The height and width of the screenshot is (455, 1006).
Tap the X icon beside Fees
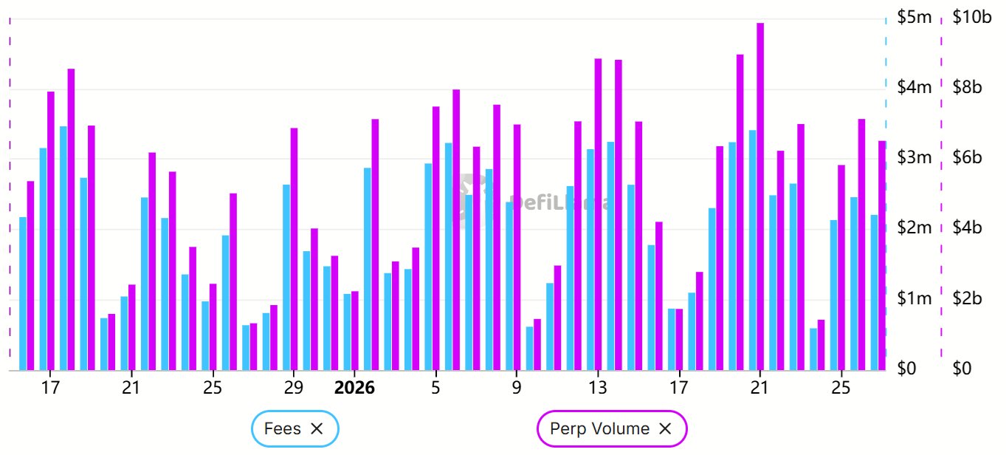coord(317,428)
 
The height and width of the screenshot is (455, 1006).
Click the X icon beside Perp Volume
coord(664,428)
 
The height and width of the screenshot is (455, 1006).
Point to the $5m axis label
coord(914,17)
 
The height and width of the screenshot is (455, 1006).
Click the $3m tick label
coord(914,157)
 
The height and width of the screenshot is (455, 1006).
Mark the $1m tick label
coord(914,298)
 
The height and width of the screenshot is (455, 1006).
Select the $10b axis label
coord(972,17)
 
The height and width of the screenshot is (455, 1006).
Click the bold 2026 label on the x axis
coord(354,388)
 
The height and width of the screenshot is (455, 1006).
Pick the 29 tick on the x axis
coord(293,388)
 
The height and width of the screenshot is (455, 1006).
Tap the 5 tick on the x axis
coord(435,388)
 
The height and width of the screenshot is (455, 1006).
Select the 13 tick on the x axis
coord(598,388)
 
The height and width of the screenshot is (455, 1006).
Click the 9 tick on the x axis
coord(517,388)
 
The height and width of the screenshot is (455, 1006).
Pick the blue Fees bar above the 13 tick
coord(590,259)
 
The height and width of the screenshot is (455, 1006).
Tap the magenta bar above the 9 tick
coord(517,247)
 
